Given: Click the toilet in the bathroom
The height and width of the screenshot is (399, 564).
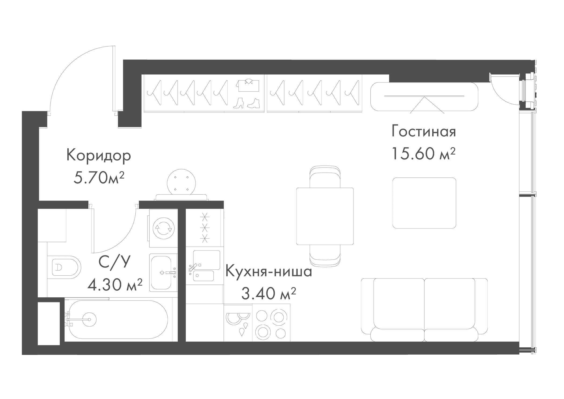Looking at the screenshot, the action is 64,267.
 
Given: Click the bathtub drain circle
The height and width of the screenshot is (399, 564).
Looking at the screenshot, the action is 89,319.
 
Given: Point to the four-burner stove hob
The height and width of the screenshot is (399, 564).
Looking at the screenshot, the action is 271,323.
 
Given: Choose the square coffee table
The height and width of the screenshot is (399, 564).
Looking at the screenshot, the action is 424,203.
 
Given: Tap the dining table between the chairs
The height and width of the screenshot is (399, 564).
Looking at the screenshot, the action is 325,216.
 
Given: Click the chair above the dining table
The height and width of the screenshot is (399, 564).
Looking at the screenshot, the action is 325,177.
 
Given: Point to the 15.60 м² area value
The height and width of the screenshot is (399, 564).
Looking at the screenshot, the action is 424,154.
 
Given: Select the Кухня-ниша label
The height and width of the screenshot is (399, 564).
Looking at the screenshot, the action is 269,272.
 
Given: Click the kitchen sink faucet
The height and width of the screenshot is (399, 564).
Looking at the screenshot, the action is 193,267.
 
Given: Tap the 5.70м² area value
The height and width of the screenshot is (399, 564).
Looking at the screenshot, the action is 99,178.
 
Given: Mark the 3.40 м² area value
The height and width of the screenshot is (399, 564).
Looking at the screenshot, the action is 269,294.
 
